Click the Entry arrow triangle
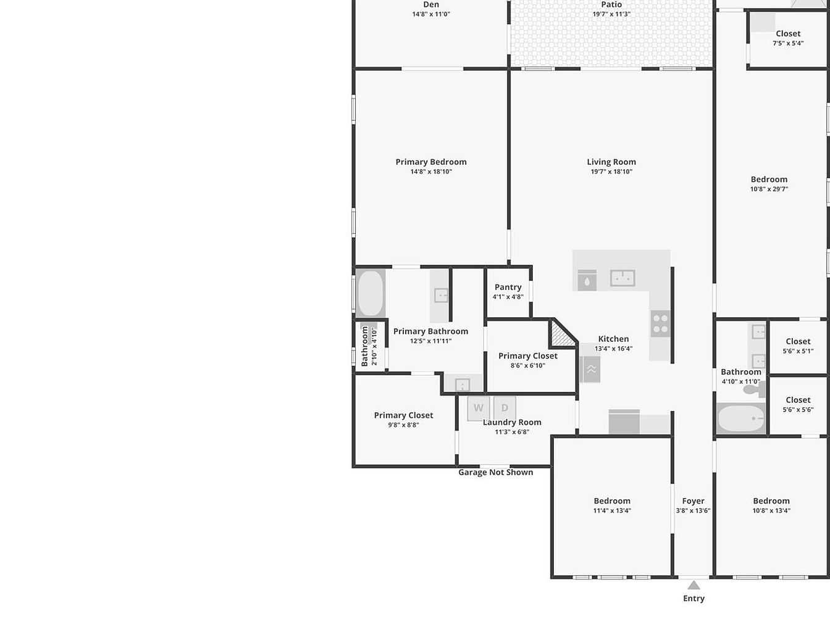pyautogui.click(x=694, y=586)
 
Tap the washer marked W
pyautogui.click(x=479, y=408)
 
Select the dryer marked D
pyautogui.click(x=505, y=408)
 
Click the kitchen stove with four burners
pyautogui.click(x=661, y=324)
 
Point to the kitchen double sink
pyautogui.click(x=622, y=278)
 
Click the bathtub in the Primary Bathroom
pyautogui.click(x=371, y=293)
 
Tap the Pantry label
pyautogui.click(x=508, y=287)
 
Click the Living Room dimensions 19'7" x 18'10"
pyautogui.click(x=611, y=172)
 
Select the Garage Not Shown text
pyautogui.click(x=496, y=472)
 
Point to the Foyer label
pyautogui.click(x=693, y=501)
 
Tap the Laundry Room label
pyautogui.click(x=512, y=422)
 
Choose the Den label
pyautogui.click(x=431, y=4)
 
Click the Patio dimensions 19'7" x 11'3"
pyautogui.click(x=611, y=14)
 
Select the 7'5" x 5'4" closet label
pyautogui.click(x=788, y=43)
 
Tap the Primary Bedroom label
pyautogui.click(x=431, y=162)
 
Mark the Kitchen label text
pyautogui.click(x=613, y=339)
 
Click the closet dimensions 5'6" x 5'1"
pyautogui.click(x=798, y=351)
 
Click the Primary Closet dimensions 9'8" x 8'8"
pyautogui.click(x=403, y=425)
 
